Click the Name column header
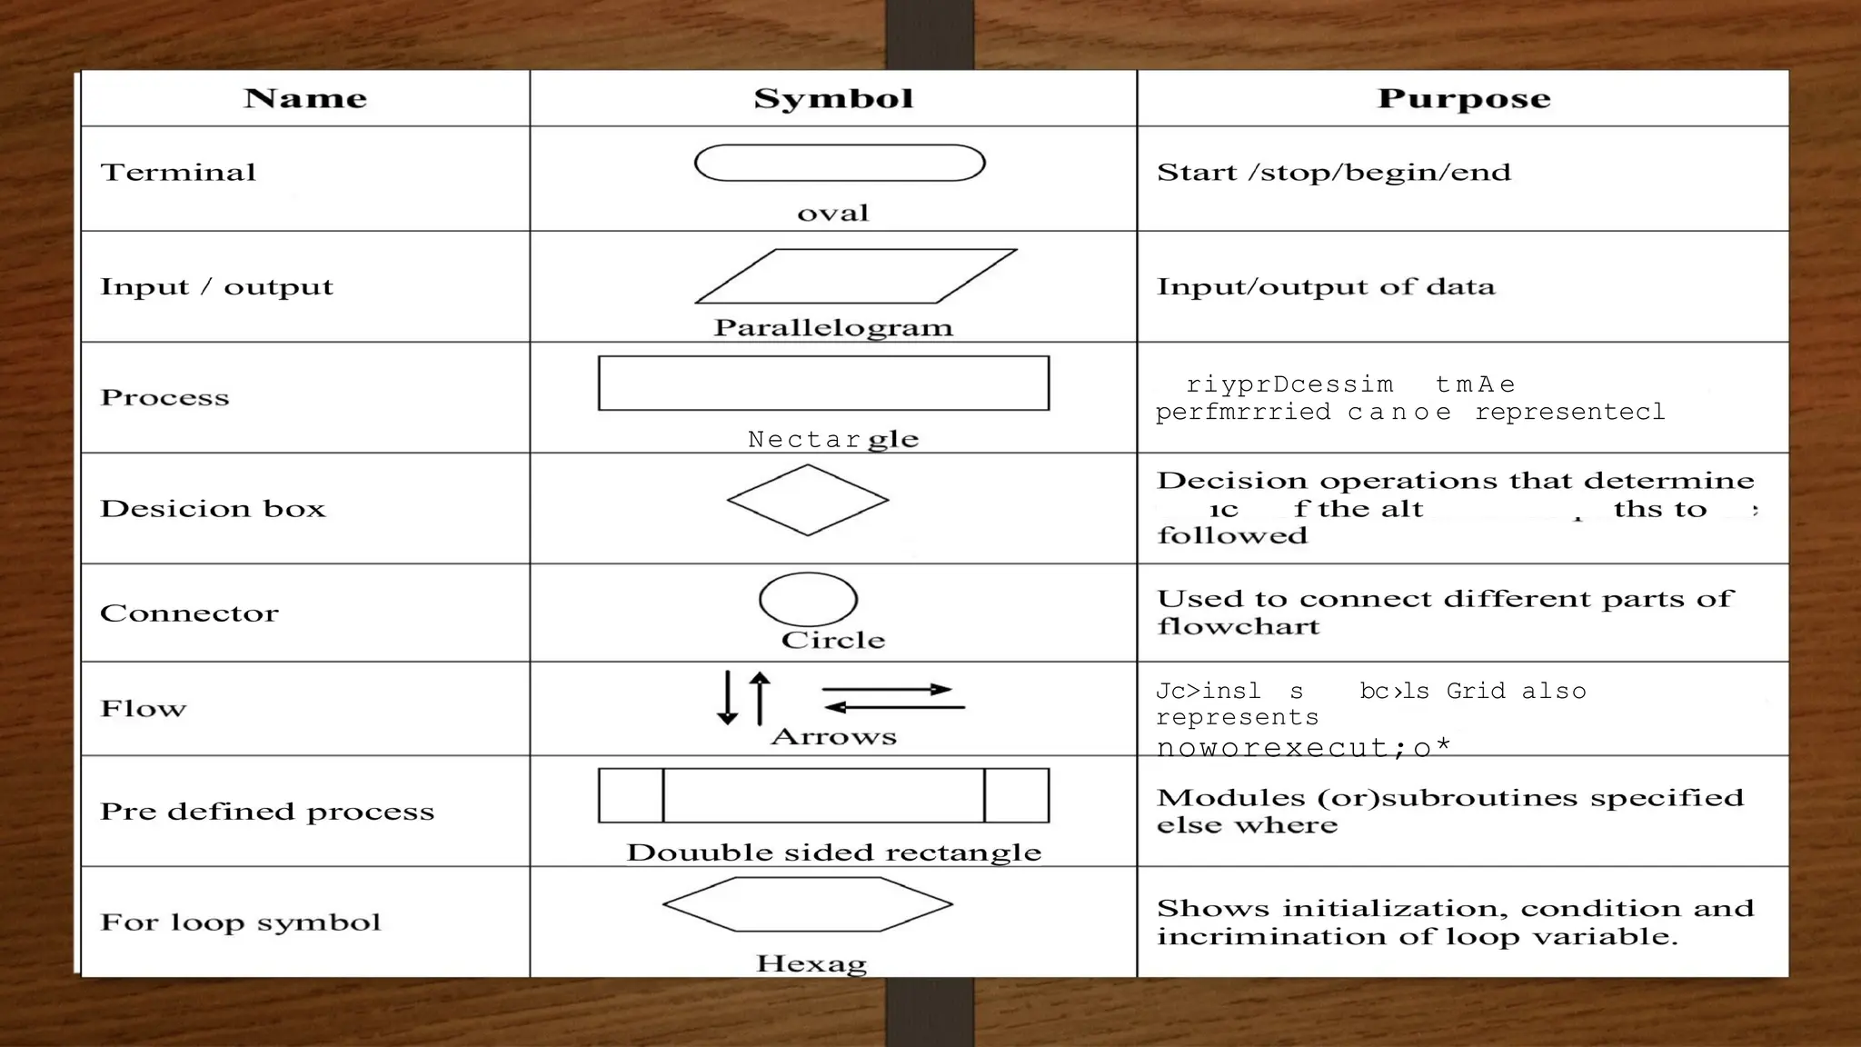coord(305,98)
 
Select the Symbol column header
coord(833,98)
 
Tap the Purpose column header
coord(1463,98)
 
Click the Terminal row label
coord(178,173)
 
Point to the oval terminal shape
coord(839,164)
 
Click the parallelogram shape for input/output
coord(855,276)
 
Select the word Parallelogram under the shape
coord(833,328)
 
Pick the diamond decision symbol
coord(808,500)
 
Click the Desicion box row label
coord(213,509)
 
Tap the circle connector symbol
coord(808,599)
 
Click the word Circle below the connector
coord(833,640)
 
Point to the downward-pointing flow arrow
coord(727,697)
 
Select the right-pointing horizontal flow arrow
coord(887,690)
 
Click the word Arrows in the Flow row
coord(833,737)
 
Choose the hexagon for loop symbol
coord(808,904)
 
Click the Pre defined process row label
coord(267,812)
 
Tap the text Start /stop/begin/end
coord(1333,173)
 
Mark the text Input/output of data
coord(1325,287)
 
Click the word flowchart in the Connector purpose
coord(1238,627)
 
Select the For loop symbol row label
coord(241,922)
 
